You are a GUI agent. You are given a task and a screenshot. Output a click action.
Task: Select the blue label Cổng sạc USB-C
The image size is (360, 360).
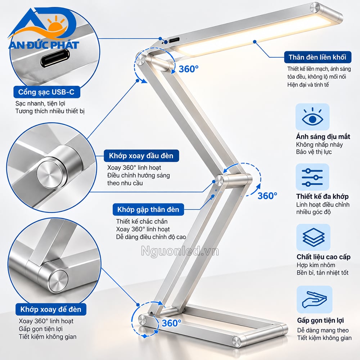coord(46,92)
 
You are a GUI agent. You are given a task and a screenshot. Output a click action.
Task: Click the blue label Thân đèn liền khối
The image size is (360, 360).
coord(318,57)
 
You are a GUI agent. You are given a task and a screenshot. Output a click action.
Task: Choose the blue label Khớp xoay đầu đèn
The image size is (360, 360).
coord(141,156)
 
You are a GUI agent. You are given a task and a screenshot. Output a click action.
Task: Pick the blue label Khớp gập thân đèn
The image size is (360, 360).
coord(148,210)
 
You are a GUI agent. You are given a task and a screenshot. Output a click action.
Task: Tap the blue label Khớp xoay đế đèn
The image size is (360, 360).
coord(51,309)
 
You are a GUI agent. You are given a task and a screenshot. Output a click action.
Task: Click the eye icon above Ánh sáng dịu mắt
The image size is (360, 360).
coord(312,117)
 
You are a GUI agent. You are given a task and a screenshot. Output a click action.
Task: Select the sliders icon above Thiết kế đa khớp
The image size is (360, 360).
coord(312,177)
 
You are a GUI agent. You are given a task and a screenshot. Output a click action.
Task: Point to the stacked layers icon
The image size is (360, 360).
coord(313,237)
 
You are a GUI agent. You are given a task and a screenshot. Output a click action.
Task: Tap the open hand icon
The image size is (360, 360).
coord(314,300)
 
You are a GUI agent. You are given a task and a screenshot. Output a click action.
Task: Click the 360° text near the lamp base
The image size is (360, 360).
coord(171,323)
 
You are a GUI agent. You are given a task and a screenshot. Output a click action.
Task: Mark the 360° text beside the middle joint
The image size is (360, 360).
coord(267,196)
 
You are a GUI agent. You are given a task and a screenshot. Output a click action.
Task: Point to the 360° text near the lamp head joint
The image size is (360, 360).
coord(189,69)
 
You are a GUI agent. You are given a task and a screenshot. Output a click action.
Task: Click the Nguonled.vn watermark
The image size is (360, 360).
coord(180,251)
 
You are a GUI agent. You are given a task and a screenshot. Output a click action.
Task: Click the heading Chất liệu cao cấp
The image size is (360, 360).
coord(324,257)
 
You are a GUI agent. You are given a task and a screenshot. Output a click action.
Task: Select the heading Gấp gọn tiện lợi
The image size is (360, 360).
coord(320,320)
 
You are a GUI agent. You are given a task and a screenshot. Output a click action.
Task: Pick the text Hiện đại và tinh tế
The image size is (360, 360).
coord(308,85)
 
